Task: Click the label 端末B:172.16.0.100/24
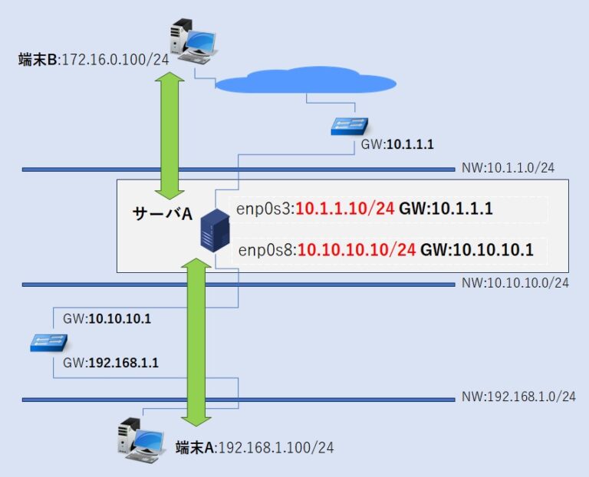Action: coord(93,59)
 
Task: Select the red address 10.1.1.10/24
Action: coord(346,209)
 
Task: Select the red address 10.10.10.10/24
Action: coord(357,249)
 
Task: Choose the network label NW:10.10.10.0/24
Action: coord(515,283)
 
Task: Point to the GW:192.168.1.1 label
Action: coord(110,363)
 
